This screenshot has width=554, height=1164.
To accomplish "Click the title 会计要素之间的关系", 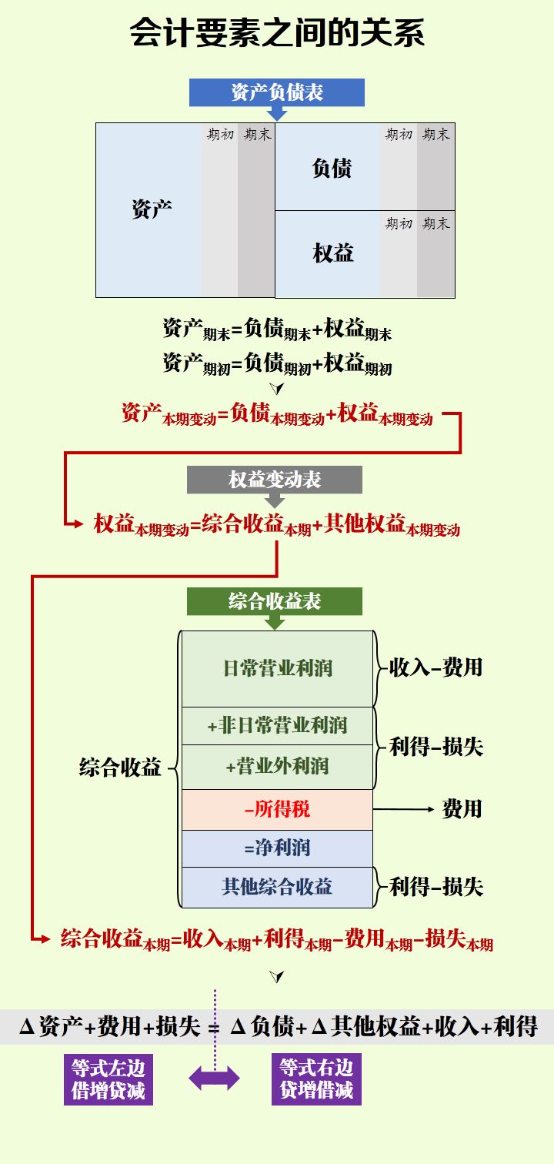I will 277,33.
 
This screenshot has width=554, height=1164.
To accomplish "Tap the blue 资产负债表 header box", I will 277,93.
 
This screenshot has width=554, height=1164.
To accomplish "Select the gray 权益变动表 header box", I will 275,480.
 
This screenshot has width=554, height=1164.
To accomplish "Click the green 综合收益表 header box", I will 275,601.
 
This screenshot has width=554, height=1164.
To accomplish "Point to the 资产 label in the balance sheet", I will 152,209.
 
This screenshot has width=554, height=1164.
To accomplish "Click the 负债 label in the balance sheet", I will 332,169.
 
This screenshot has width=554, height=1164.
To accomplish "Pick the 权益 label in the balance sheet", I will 333,253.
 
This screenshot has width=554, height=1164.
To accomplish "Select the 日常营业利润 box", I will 277,667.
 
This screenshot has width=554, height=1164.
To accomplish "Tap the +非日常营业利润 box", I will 277,725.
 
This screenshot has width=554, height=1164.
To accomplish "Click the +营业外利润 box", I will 277,767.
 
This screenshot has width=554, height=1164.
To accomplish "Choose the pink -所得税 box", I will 277,809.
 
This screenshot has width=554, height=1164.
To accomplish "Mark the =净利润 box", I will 277,848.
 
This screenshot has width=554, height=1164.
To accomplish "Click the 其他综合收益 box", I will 277,886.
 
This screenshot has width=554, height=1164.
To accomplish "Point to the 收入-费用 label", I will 436,667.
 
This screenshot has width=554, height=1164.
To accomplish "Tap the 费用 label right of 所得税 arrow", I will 462,808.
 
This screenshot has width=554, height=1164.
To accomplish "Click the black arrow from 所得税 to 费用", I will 404,809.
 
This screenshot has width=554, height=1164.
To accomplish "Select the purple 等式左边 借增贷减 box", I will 108,1079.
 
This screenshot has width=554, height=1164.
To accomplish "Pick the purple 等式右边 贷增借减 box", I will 316,1079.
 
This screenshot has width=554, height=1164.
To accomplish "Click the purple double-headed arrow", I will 215,1079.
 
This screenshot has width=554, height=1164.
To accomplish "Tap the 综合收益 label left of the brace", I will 121,767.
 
